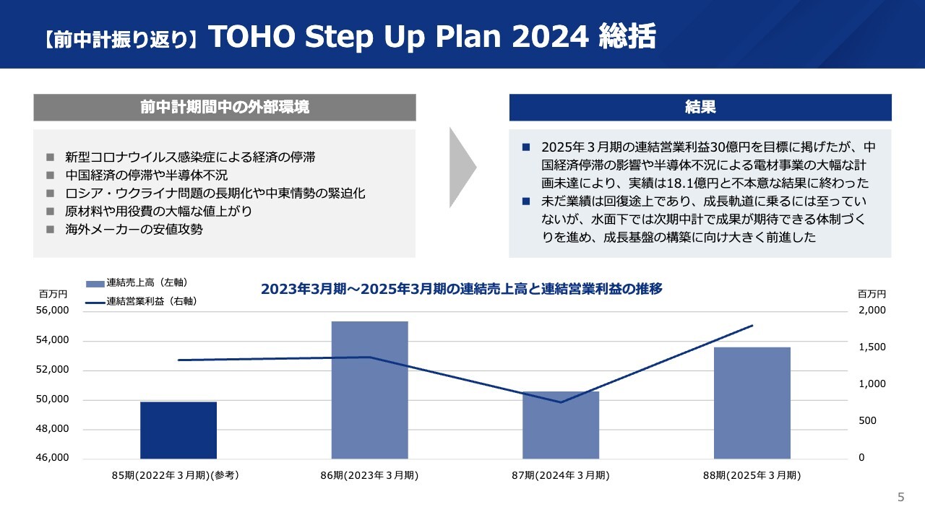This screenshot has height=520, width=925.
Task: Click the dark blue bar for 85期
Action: [x=178, y=430]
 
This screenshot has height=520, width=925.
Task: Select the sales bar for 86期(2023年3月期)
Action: [x=369, y=390]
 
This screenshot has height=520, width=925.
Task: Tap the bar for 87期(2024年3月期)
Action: [x=561, y=425]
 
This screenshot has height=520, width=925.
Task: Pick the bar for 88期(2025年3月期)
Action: [x=752, y=403]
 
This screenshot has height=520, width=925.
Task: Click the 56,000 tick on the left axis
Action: [x=53, y=311]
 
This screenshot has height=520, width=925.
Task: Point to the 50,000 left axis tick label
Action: [x=53, y=399]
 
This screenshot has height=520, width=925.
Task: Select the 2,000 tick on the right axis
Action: [x=872, y=311]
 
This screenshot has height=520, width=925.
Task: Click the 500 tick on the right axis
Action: [x=867, y=420]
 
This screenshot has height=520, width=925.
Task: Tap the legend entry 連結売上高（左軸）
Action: [x=137, y=282]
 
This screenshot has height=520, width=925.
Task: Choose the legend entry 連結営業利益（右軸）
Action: [x=142, y=302]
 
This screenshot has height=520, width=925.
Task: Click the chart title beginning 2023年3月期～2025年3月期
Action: [x=462, y=289]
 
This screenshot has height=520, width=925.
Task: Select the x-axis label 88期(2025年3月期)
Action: [x=752, y=475]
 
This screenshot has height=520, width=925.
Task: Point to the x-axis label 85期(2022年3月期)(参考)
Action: [x=176, y=475]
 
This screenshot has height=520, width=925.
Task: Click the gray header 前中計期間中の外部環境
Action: [x=225, y=108]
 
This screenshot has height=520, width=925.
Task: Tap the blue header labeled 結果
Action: [x=700, y=108]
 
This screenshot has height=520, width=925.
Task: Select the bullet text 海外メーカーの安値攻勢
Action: [x=134, y=230]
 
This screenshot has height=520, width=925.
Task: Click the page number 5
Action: [x=901, y=497]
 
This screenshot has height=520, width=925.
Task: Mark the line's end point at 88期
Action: [x=753, y=326]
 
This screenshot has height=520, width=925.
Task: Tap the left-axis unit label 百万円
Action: [x=53, y=294]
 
